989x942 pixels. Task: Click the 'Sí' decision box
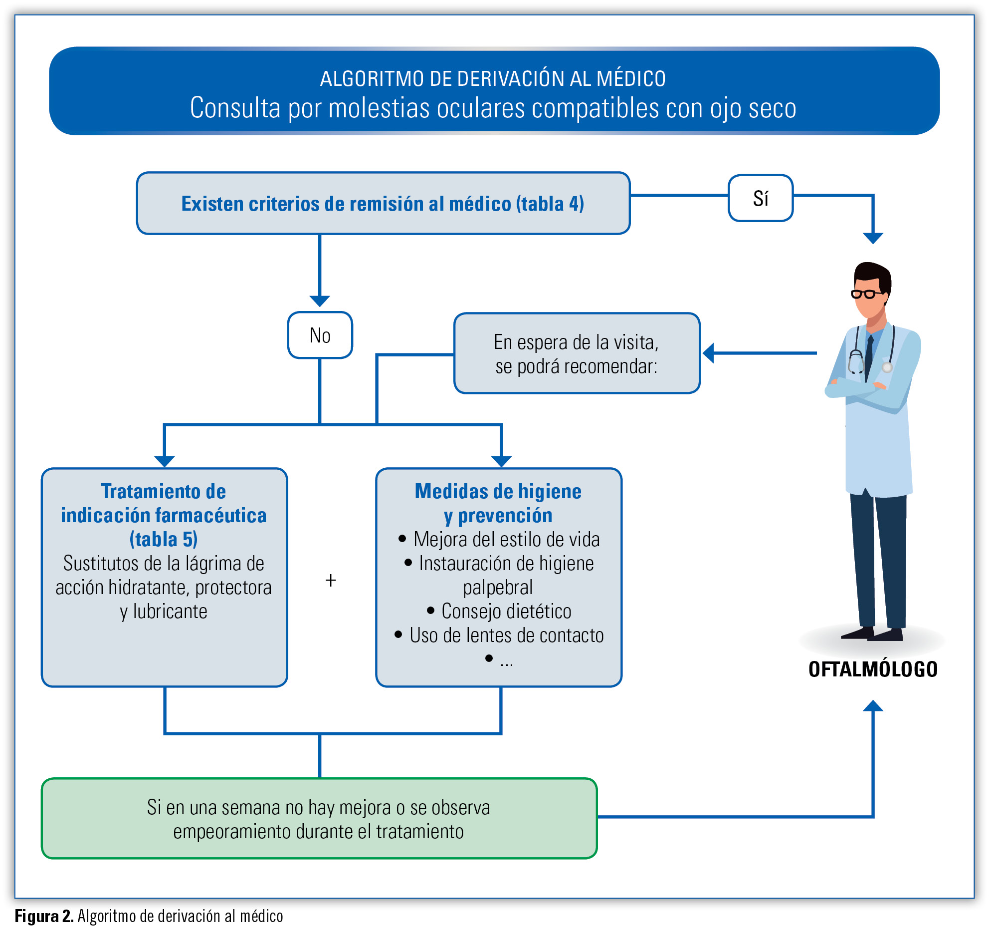pyautogui.click(x=760, y=198)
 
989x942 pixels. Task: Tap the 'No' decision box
pyautogui.click(x=320, y=335)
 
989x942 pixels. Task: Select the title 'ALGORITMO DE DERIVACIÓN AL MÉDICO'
pyautogui.click(x=493, y=79)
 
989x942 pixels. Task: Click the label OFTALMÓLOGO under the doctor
pyautogui.click(x=873, y=669)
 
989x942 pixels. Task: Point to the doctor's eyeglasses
pyautogui.click(x=867, y=294)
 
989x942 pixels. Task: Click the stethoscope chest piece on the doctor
pyautogui.click(x=887, y=367)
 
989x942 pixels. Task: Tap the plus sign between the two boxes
pyautogui.click(x=331, y=581)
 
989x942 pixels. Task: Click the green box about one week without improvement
pyautogui.click(x=319, y=819)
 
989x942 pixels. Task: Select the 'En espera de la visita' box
pyautogui.click(x=577, y=353)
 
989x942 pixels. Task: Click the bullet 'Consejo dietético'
pyautogui.click(x=499, y=611)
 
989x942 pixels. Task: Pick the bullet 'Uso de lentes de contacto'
pyautogui.click(x=499, y=635)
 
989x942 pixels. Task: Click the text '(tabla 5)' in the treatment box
pyautogui.click(x=164, y=539)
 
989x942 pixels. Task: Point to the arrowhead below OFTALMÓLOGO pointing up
pyautogui.click(x=873, y=705)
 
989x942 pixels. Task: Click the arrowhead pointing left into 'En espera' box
pyautogui.click(x=708, y=353)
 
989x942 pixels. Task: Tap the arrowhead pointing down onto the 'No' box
pyautogui.click(x=320, y=302)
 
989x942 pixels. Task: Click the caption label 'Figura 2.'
pyautogui.click(x=44, y=917)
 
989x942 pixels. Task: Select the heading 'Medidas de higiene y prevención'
pyautogui.click(x=498, y=503)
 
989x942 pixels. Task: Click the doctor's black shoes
pyautogui.click(x=872, y=633)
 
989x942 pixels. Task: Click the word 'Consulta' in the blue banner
pyautogui.click(x=235, y=108)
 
